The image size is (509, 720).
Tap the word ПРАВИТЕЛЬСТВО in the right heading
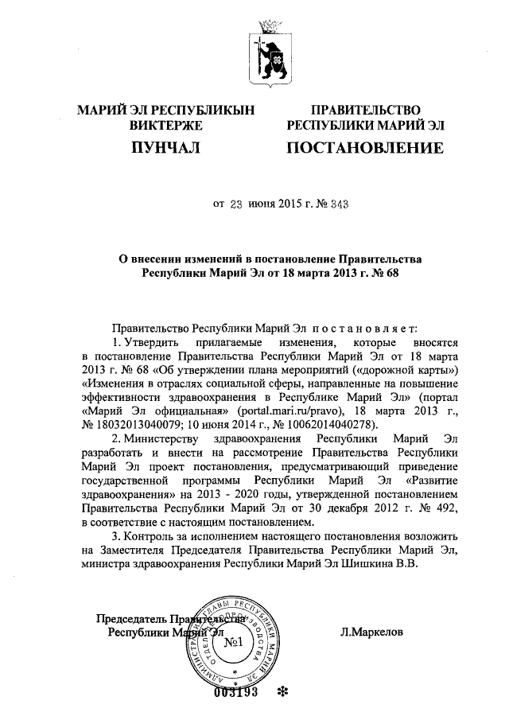[365, 110]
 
